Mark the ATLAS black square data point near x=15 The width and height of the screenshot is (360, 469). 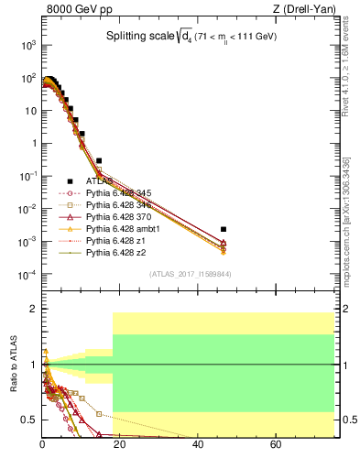(x=99, y=160)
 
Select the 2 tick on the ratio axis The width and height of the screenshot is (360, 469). (x=34, y=310)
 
